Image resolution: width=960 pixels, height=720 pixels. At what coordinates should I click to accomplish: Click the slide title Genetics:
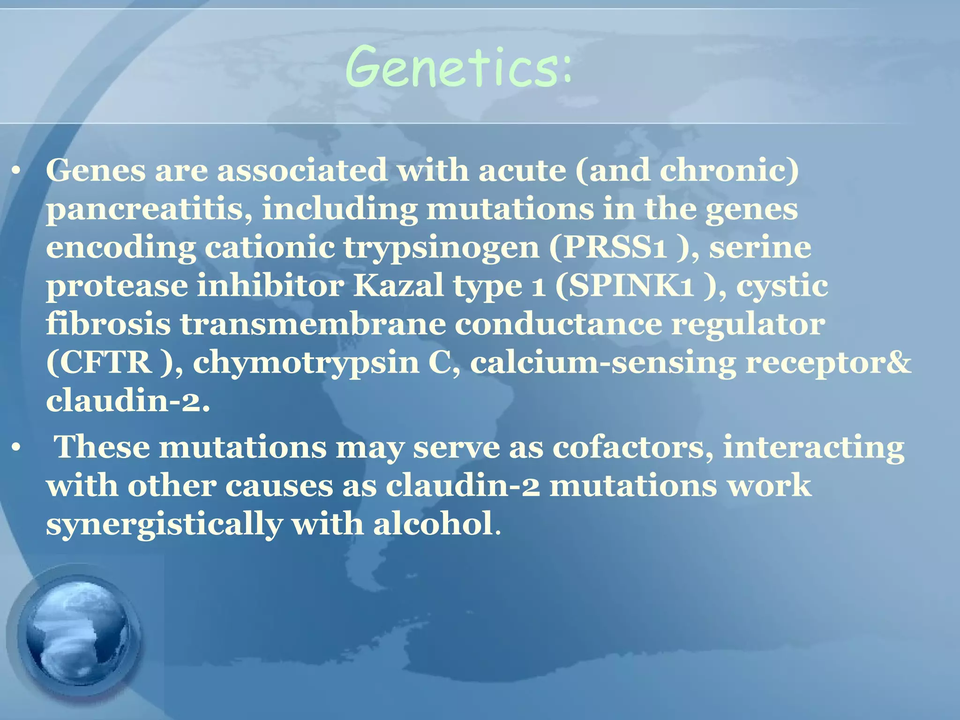[x=458, y=67]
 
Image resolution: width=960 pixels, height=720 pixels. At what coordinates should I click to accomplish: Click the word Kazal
[x=398, y=285]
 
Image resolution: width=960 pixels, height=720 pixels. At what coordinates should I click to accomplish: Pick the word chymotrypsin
[x=306, y=363]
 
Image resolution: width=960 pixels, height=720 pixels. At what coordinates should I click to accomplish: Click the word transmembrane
[x=313, y=324]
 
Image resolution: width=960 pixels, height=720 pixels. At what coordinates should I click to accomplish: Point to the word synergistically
[x=164, y=525]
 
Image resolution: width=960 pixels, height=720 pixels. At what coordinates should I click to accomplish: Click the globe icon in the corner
[x=75, y=637]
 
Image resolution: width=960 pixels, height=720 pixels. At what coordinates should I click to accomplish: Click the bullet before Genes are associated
[x=17, y=172]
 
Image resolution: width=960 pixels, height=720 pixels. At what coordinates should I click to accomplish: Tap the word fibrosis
[x=108, y=324]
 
